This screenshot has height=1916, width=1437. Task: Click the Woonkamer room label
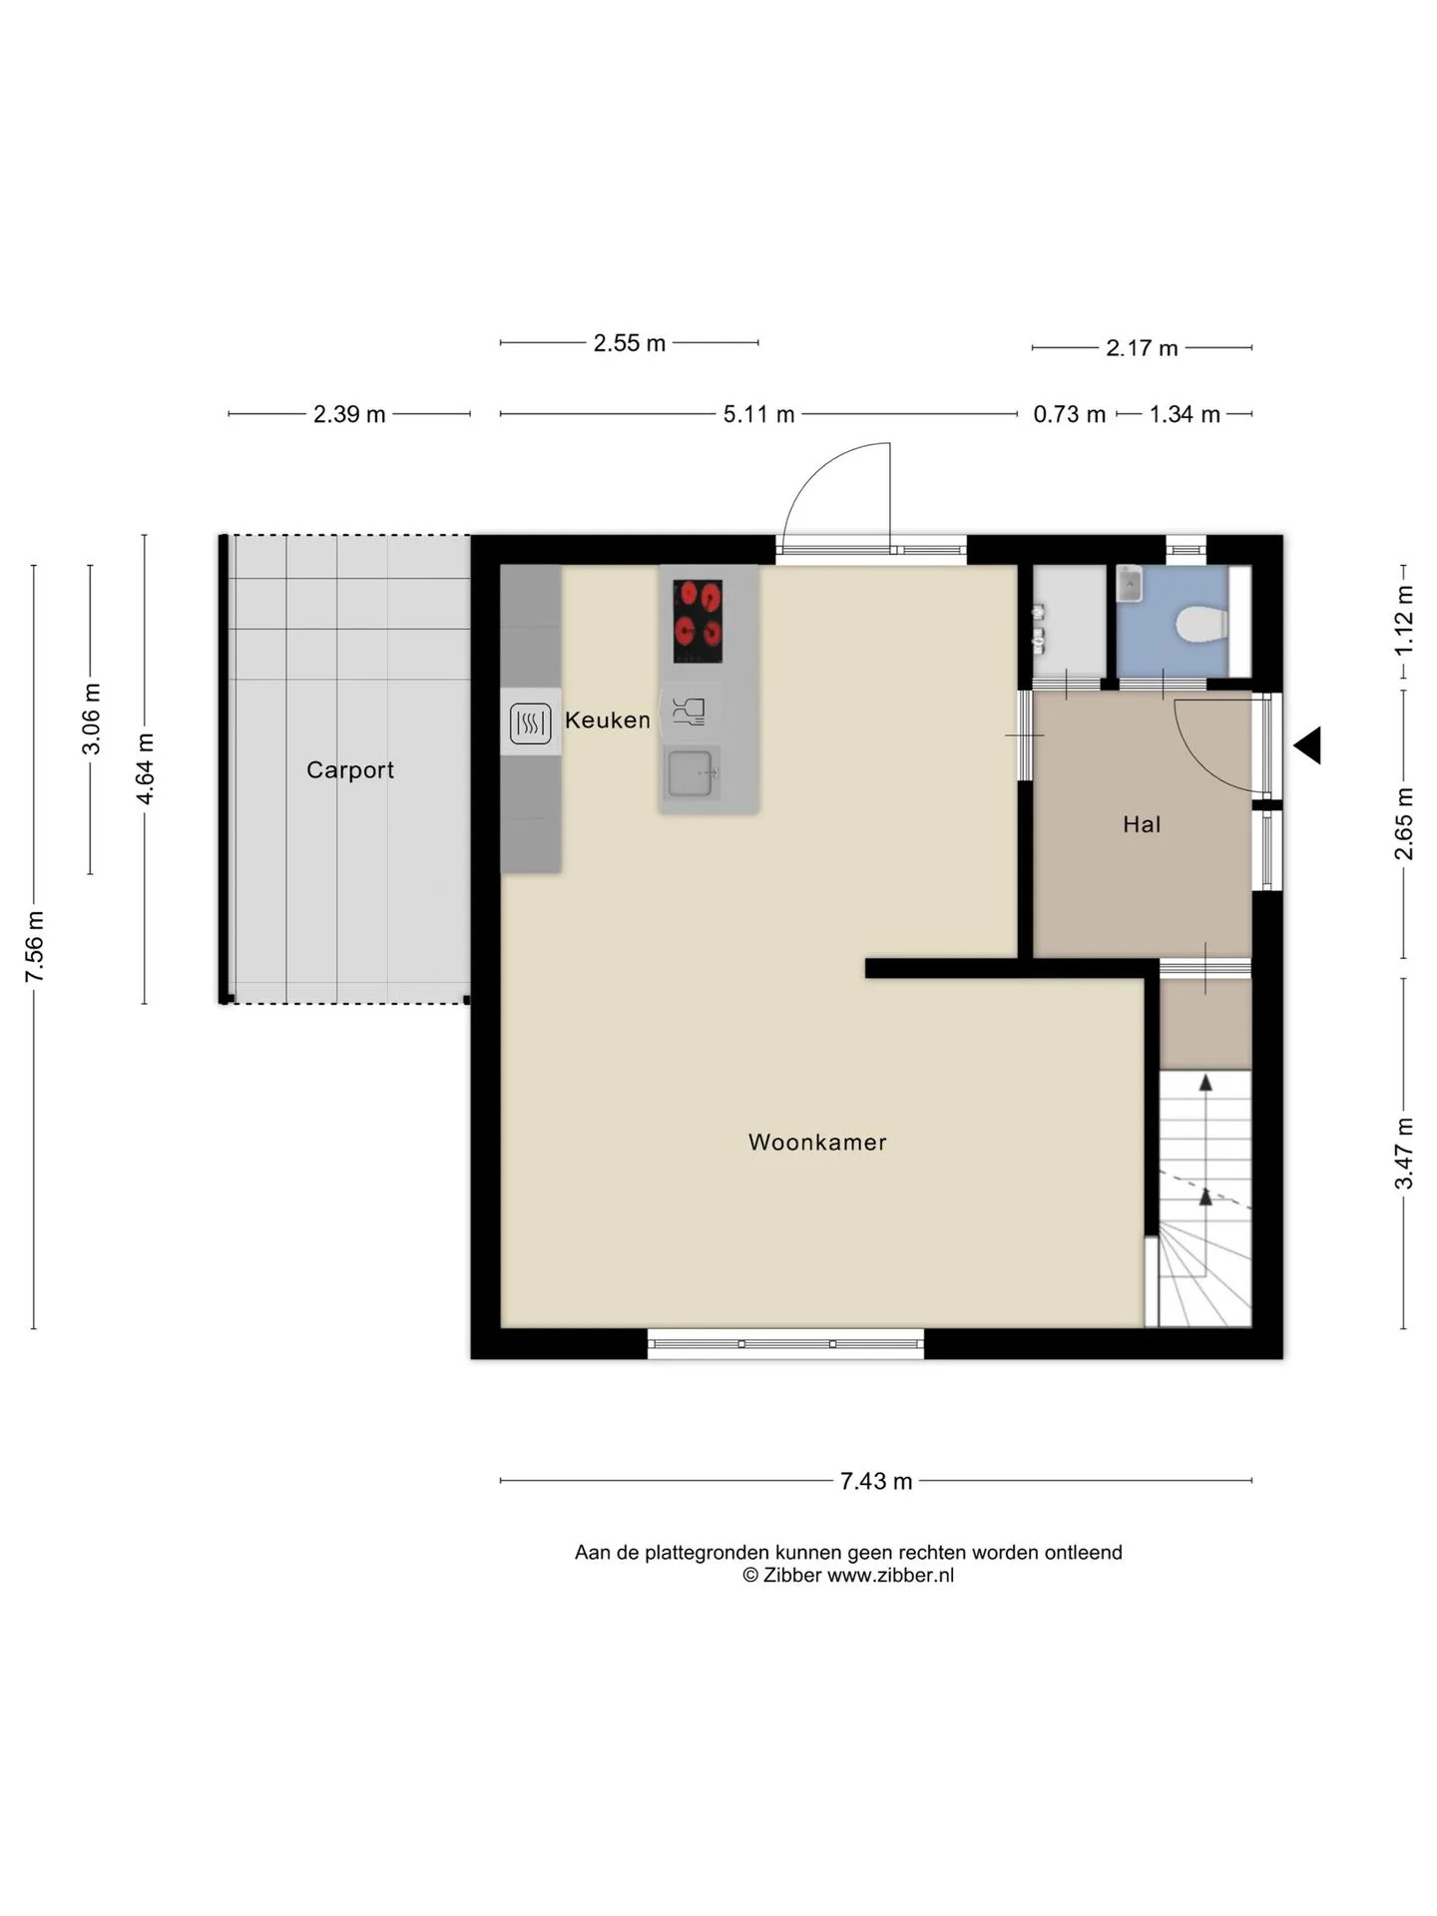817,1142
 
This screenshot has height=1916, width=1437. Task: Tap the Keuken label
608,719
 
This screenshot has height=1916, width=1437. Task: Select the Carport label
350,770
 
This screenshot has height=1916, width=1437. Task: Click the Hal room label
1142,824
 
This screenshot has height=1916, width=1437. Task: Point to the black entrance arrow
1308,745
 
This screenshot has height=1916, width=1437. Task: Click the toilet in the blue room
1201,627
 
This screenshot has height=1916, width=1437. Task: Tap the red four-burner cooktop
698,621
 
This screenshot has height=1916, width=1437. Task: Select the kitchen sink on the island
691,773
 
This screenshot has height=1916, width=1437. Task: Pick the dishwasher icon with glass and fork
689,711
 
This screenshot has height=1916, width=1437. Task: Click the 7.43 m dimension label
876,1481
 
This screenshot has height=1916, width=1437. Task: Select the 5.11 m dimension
758,414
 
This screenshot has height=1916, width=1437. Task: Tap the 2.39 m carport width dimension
349,414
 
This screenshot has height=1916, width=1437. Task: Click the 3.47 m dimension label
1404,1154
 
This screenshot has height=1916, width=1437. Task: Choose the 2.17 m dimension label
1142,348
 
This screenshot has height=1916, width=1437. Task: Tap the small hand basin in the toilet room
1129,584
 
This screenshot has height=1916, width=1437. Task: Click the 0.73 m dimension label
1069,414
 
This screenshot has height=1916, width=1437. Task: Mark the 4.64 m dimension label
146,768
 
